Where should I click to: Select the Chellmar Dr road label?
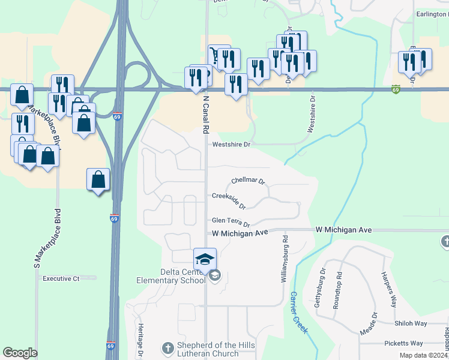click(248, 181)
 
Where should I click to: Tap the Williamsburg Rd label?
click(285, 259)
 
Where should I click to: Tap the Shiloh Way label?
click(411, 323)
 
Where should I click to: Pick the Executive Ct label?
click(61, 278)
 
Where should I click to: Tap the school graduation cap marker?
click(204, 259)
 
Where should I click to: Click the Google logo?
click(20, 353)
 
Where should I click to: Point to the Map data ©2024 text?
click(423, 355)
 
